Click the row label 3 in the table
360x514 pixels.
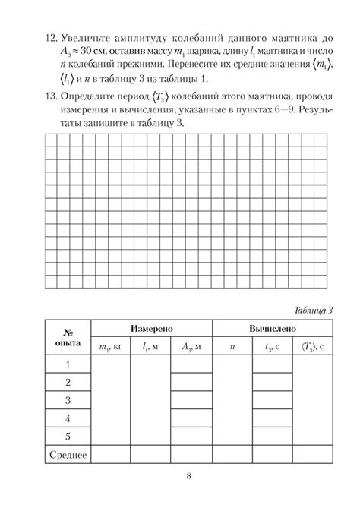click(68, 400)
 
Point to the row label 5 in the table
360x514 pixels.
click(68, 437)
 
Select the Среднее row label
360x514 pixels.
click(68, 455)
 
